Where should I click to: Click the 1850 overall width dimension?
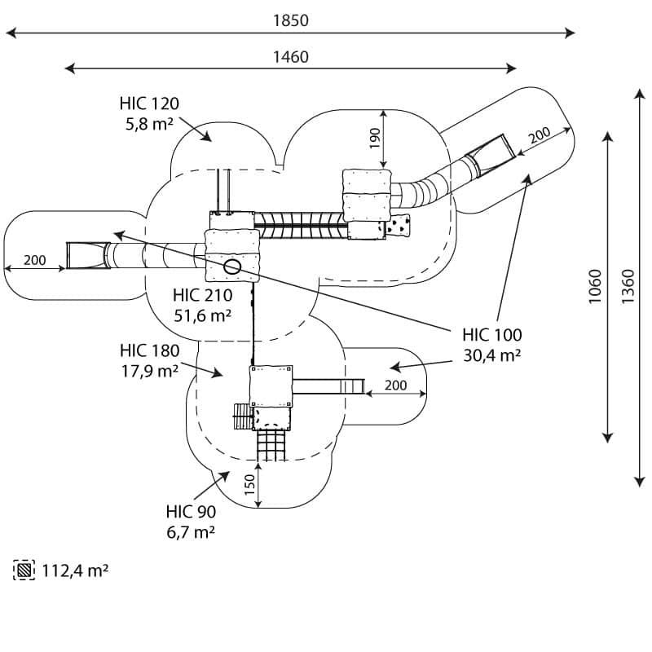(291, 20)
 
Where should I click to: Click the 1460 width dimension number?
(291, 57)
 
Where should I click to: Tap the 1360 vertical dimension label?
(628, 287)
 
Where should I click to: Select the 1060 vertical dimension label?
(596, 287)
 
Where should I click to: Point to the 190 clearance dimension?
(375, 138)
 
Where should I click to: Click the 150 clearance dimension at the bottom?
(249, 484)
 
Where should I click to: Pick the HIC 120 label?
(149, 104)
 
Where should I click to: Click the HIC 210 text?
(202, 295)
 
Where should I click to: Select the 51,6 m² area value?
(202, 316)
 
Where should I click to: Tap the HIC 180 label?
(150, 350)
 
